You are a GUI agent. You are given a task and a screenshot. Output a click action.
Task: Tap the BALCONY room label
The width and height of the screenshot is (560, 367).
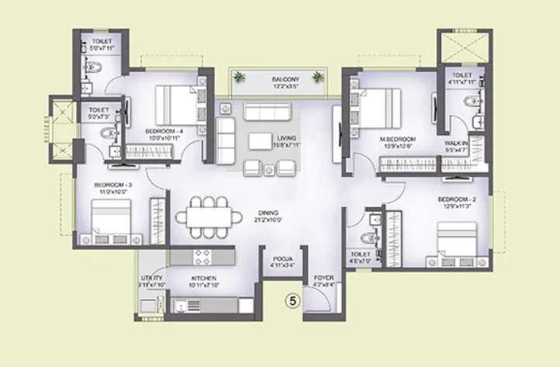[x=285, y=79]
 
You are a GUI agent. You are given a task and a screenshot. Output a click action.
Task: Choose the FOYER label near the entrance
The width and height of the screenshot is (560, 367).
[x=323, y=277]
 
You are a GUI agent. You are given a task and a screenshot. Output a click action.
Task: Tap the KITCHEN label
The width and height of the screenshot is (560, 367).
[x=203, y=278]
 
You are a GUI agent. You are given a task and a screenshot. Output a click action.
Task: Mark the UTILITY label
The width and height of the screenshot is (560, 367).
[x=150, y=278]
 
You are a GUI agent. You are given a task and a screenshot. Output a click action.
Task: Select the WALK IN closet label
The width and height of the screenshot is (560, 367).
[x=456, y=144]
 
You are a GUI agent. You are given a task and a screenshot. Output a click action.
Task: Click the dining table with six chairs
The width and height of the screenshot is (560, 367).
[x=208, y=214]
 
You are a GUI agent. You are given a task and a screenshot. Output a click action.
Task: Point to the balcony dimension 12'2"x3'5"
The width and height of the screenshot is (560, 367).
[x=285, y=87]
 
